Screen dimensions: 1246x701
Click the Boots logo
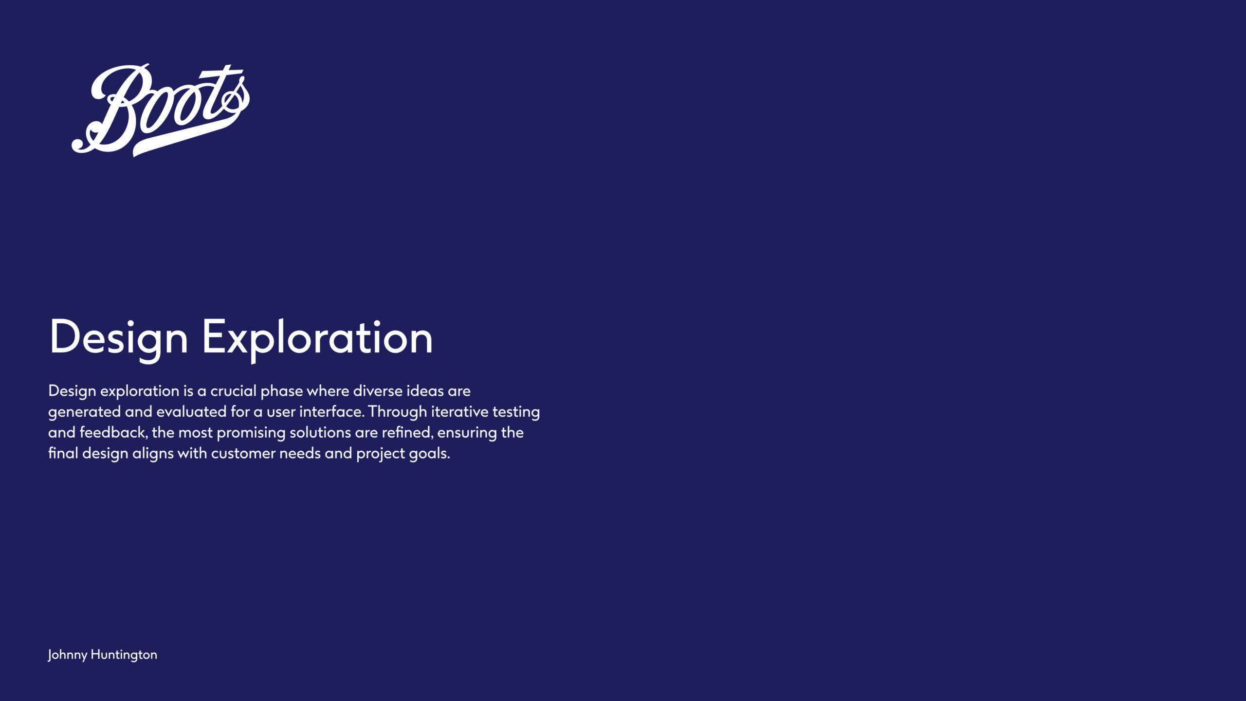(161, 110)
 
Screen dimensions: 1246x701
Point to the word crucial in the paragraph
(233, 391)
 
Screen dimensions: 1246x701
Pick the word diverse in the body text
(376, 391)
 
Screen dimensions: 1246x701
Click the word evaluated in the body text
(191, 412)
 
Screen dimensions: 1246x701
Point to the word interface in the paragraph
(331, 412)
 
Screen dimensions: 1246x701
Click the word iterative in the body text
(459, 412)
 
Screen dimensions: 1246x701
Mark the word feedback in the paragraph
(113, 433)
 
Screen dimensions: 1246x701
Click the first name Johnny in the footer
(68, 655)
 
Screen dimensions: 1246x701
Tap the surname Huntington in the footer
(124, 655)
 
